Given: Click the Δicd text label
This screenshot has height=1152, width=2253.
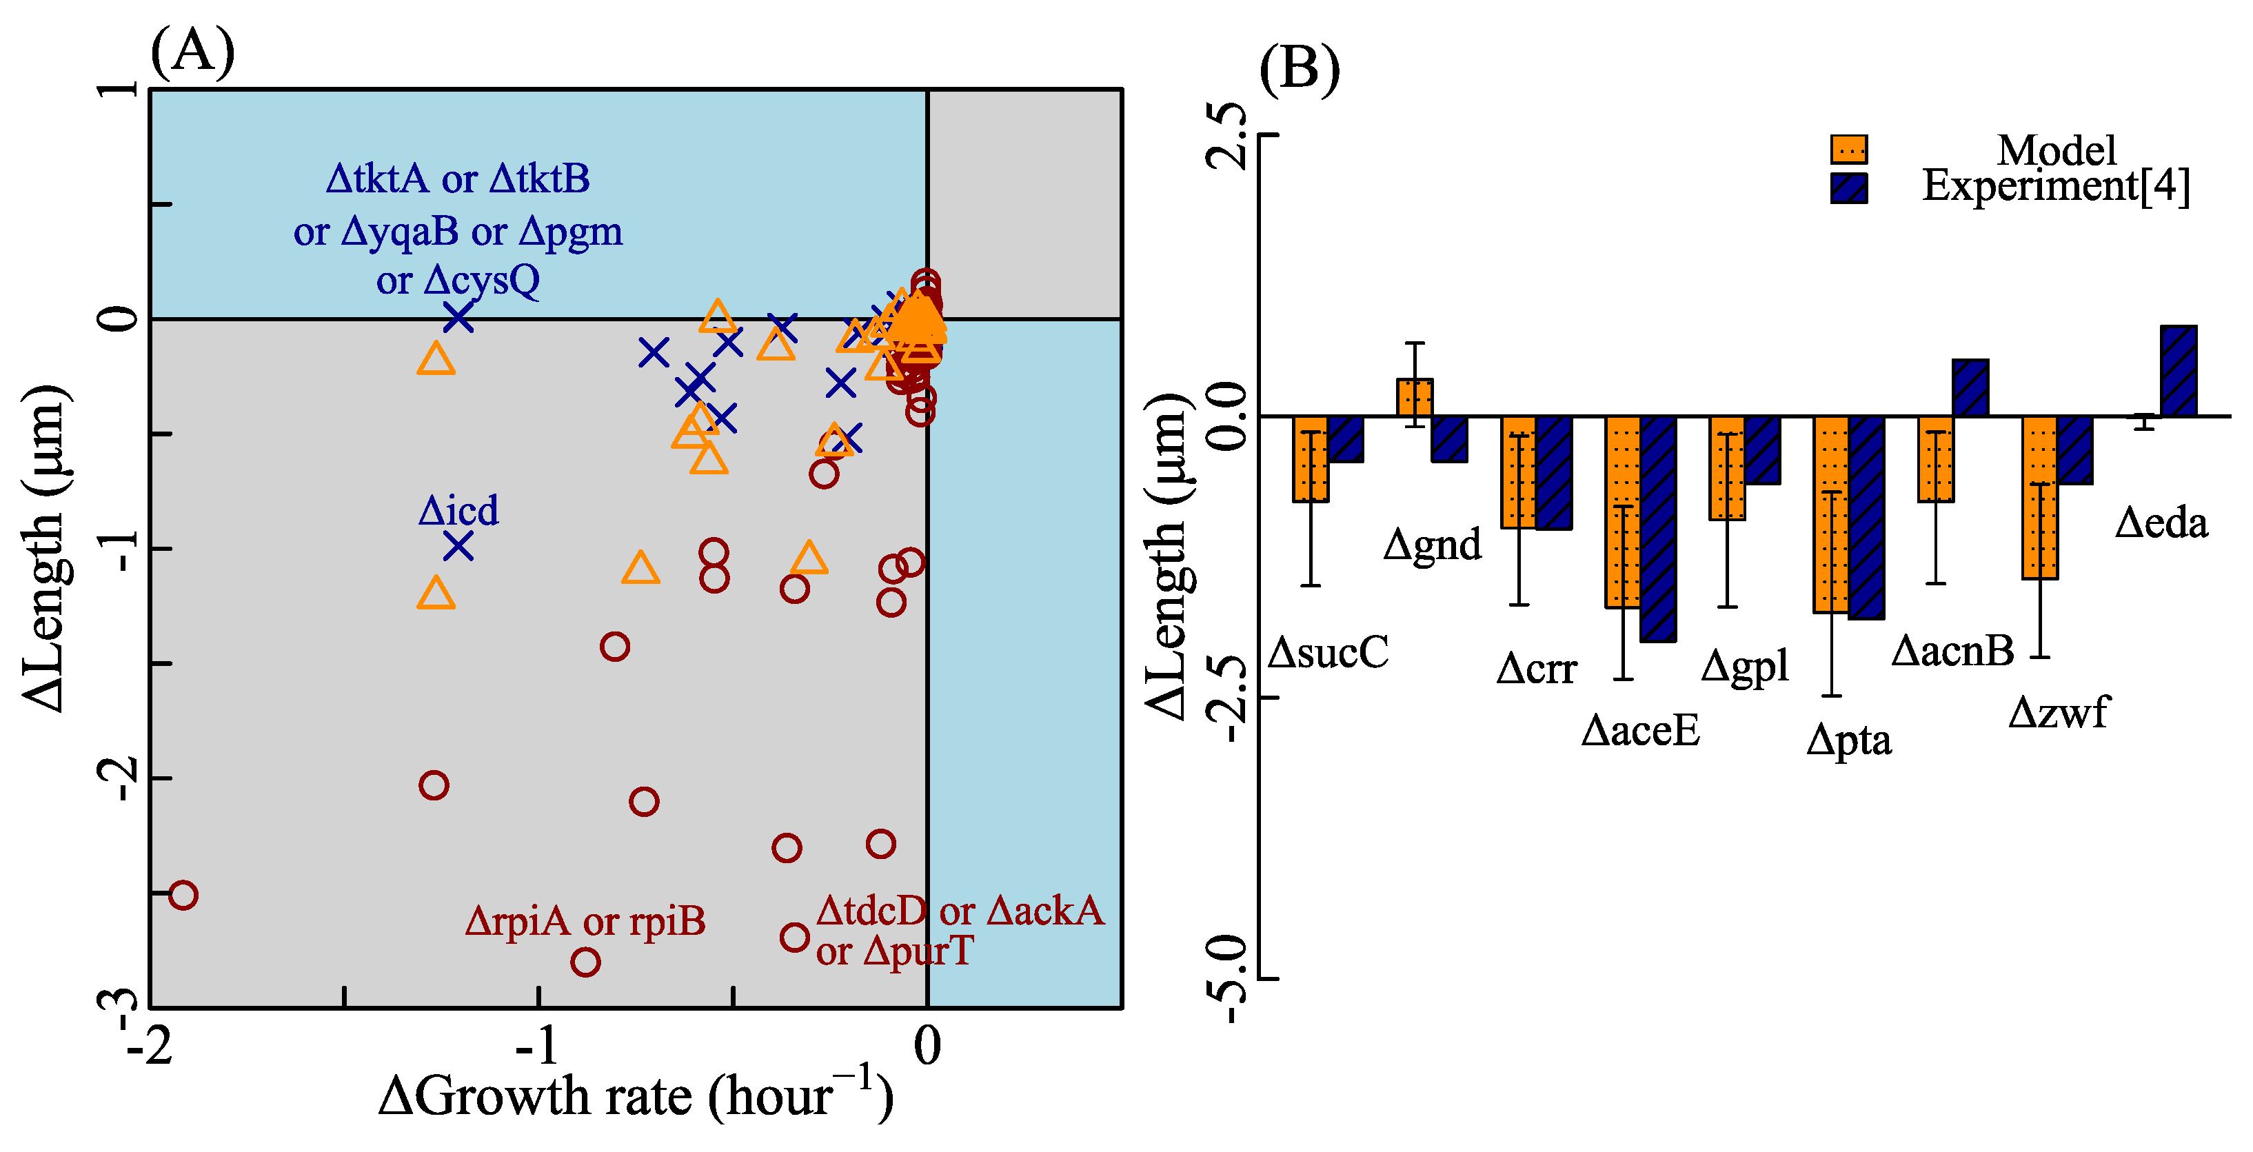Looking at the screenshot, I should tap(458, 511).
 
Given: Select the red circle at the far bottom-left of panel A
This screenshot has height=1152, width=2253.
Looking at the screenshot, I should tap(183, 895).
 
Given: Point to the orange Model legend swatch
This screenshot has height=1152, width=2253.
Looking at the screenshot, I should tap(1849, 150).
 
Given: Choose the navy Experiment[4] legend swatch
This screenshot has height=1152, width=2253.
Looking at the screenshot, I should tap(1849, 188).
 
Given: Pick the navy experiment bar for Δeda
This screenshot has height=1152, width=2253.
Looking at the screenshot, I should tap(2179, 371).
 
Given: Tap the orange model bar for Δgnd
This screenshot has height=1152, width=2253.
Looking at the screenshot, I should tap(1414, 397).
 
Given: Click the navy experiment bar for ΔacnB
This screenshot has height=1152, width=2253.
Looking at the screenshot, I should tap(1970, 387).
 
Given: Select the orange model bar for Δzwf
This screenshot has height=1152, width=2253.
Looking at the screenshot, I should tap(2039, 497).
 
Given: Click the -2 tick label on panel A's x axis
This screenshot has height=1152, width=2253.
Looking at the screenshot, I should tap(150, 1046).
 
